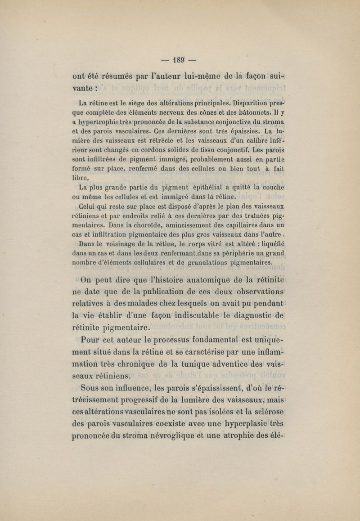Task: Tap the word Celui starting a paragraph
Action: [x=89, y=206]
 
